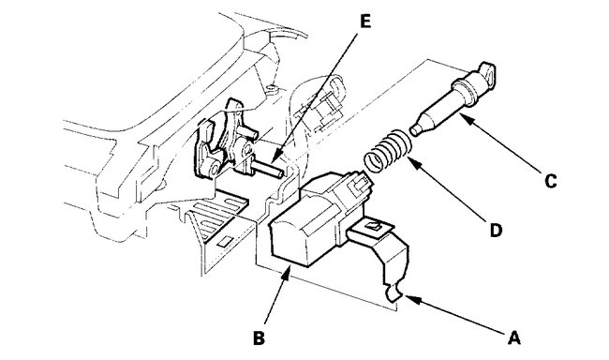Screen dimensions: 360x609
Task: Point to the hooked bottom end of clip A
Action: (x=396, y=296)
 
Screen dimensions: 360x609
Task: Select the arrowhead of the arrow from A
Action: (x=405, y=298)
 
